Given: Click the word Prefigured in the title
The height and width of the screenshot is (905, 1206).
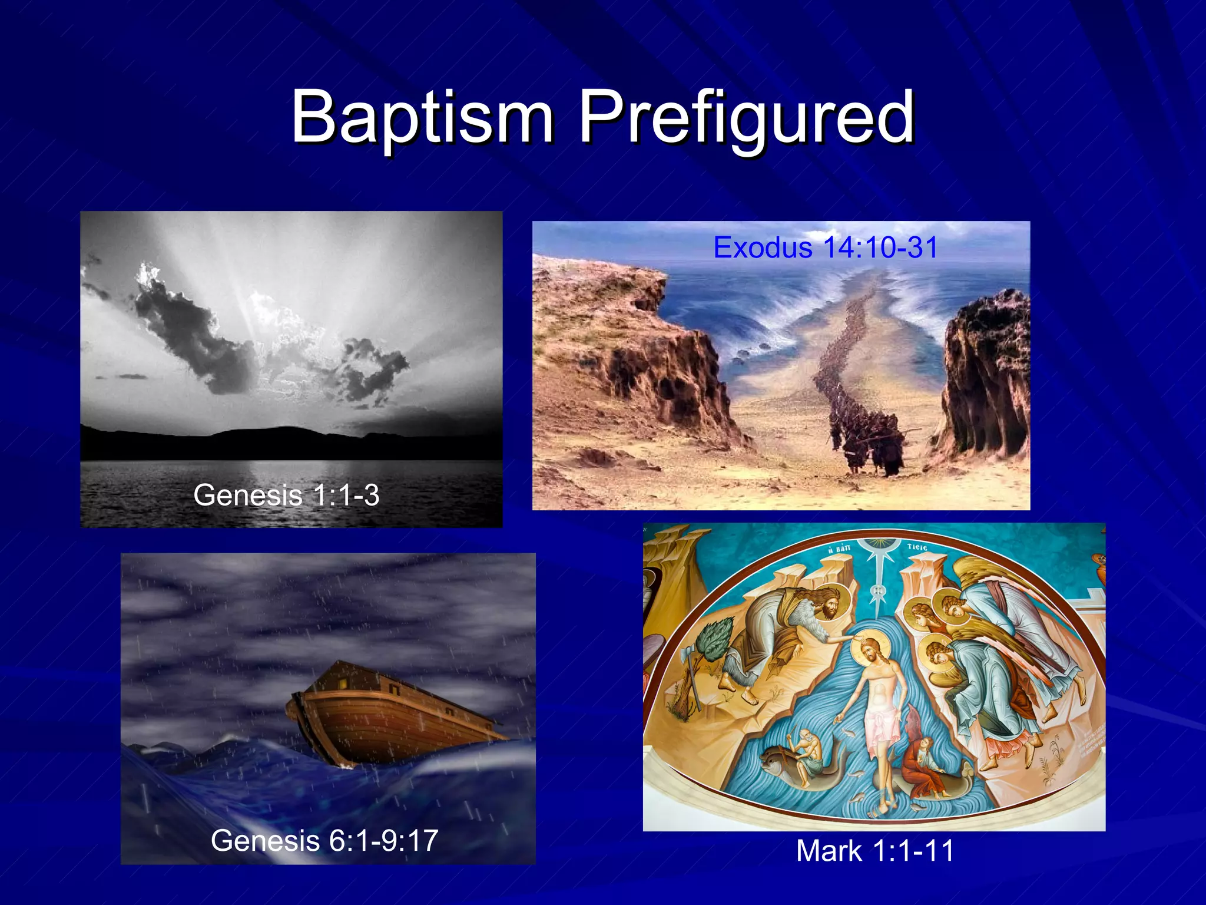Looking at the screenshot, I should click(746, 118).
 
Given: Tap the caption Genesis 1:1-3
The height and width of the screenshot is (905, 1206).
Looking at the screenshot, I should click(286, 495).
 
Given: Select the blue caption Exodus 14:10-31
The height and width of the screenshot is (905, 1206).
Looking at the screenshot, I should click(825, 247).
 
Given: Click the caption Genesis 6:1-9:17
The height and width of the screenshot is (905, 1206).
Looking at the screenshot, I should click(324, 840).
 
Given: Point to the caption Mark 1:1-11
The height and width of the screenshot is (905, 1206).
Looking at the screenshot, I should click(874, 851).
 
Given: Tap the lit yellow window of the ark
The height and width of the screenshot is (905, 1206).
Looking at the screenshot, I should click(343, 684).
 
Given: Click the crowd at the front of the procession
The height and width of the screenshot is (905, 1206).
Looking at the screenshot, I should click(866, 439).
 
